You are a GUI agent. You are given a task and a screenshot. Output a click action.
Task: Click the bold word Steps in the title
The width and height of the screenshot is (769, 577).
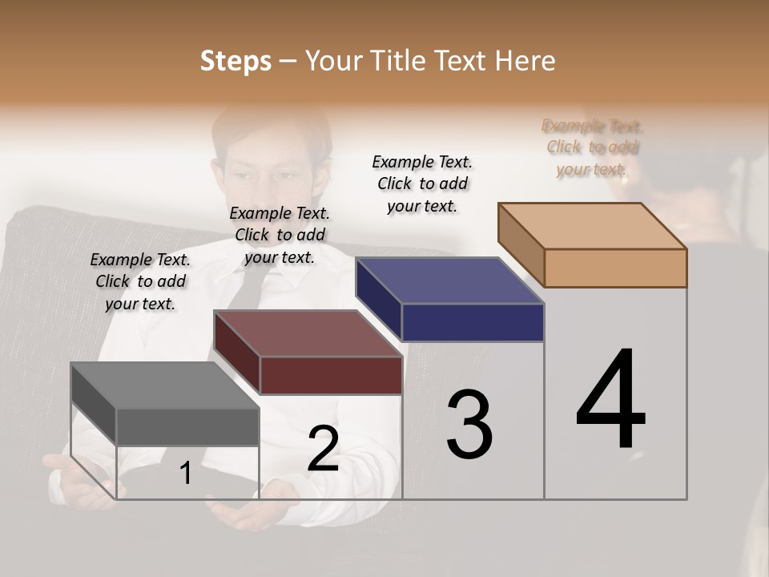tap(236, 61)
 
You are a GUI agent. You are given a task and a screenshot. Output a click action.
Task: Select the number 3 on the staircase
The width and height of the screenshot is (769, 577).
tap(469, 425)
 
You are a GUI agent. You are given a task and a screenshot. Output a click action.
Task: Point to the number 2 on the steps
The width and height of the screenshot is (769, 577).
tap(323, 449)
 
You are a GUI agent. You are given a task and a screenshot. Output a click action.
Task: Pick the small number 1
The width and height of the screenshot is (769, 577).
tap(186, 474)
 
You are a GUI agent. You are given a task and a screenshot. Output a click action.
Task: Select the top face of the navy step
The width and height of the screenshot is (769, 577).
tap(449, 280)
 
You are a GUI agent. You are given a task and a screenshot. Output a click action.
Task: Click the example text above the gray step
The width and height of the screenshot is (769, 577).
tap(140, 281)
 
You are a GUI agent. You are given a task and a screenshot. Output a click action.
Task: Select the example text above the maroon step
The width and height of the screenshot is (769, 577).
tap(280, 235)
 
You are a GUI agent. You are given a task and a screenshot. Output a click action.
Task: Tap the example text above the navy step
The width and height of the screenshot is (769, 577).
tap(422, 184)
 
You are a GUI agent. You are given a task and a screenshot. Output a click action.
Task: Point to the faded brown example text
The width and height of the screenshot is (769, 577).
tap(592, 147)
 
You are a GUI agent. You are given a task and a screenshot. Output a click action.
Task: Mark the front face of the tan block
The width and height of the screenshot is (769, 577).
tap(615, 268)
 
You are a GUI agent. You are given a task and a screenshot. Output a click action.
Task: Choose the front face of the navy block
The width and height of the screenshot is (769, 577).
tap(473, 322)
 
